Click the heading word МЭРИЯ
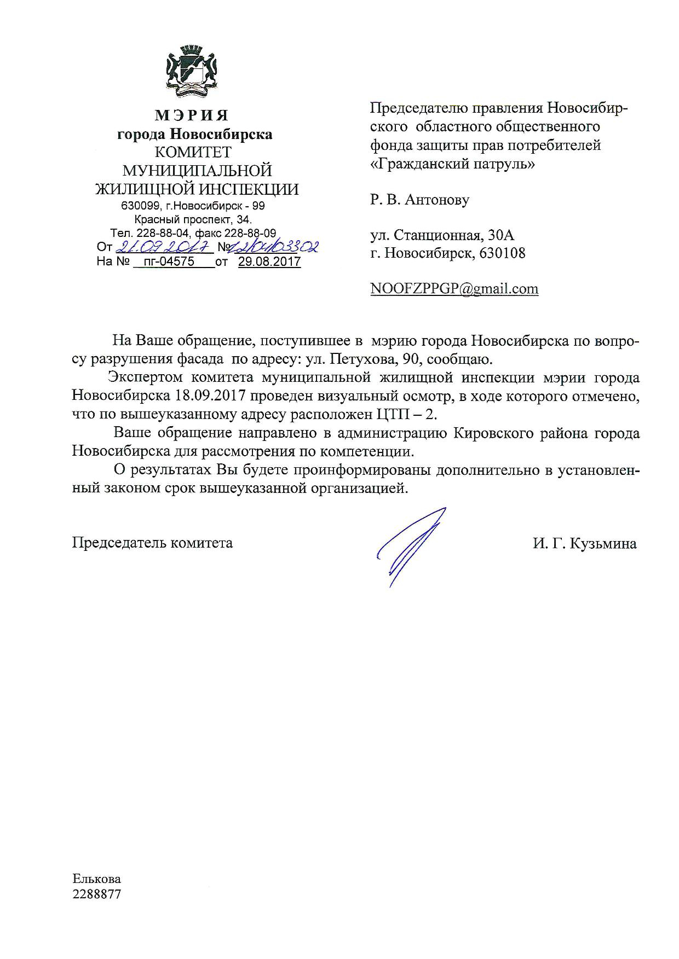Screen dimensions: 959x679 [192, 115]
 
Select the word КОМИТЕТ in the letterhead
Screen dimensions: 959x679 [193, 152]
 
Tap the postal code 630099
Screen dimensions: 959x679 [139, 206]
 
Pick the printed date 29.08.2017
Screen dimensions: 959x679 [269, 261]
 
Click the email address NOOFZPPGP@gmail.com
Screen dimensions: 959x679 [454, 289]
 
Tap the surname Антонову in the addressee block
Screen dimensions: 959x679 [437, 200]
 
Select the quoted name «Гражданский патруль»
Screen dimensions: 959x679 [453, 163]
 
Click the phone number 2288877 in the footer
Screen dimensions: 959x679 [96, 894]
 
